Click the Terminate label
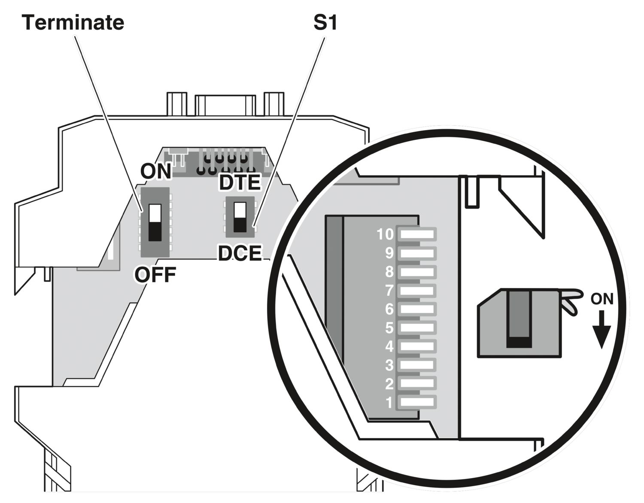(73, 22)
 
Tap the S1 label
(325, 22)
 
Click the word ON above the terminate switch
(156, 171)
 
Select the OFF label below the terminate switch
(155, 275)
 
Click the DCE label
(240, 253)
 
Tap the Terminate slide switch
(155, 222)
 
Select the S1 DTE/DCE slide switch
(240, 217)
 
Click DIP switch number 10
(417, 234)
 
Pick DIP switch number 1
(417, 402)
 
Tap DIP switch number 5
(417, 327)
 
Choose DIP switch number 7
(417, 290)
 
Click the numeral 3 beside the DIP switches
(389, 365)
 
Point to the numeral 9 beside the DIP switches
(389, 253)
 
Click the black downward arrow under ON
(601, 329)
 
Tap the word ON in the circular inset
(602, 299)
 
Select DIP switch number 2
(417, 383)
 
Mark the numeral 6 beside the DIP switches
(389, 309)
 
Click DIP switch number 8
(417, 272)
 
